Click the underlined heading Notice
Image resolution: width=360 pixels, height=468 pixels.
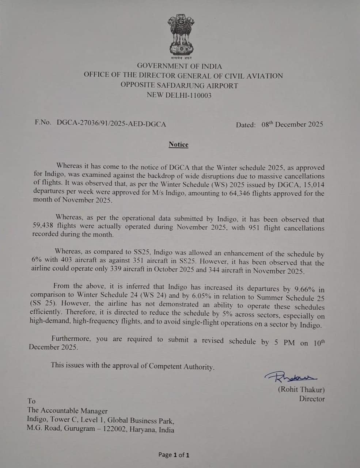coord(178,144)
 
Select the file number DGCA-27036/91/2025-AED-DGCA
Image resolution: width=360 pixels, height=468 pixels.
coord(111,124)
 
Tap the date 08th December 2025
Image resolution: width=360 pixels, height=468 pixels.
coord(292,124)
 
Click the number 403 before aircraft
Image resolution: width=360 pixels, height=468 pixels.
coord(67,262)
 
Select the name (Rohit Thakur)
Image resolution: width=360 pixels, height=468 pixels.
coord(301,389)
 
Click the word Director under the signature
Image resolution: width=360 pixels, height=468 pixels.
coord(312,399)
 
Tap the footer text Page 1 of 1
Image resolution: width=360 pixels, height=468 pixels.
coord(174,455)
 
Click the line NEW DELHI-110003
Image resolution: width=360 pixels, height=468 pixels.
coord(179,95)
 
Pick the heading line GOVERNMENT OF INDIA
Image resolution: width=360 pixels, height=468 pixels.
coord(179,66)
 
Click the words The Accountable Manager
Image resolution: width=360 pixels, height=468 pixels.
coord(67,411)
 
